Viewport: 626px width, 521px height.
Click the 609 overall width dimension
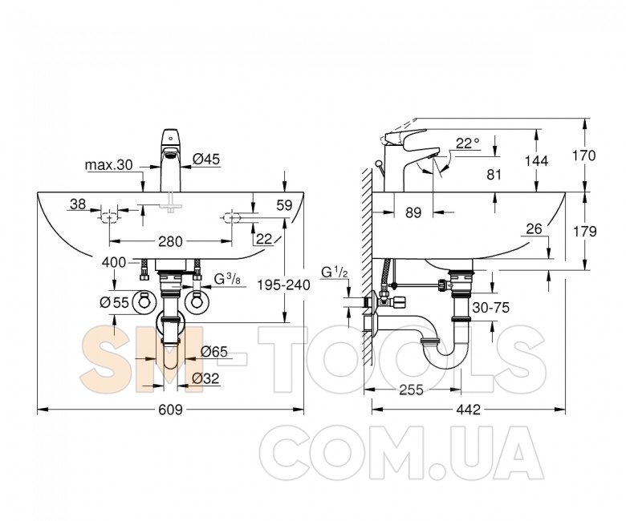(x=170, y=410)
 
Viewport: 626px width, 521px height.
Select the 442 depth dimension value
(x=469, y=410)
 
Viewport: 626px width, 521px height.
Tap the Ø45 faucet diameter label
(x=206, y=159)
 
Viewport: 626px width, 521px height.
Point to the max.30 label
(x=108, y=165)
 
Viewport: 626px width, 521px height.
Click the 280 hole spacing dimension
(x=170, y=241)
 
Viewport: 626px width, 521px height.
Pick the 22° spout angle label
(x=468, y=143)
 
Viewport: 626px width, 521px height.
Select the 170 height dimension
(x=583, y=155)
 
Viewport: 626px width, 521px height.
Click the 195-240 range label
(x=283, y=285)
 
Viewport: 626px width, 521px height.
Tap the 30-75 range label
(x=490, y=307)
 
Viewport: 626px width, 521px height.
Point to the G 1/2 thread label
(x=335, y=273)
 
